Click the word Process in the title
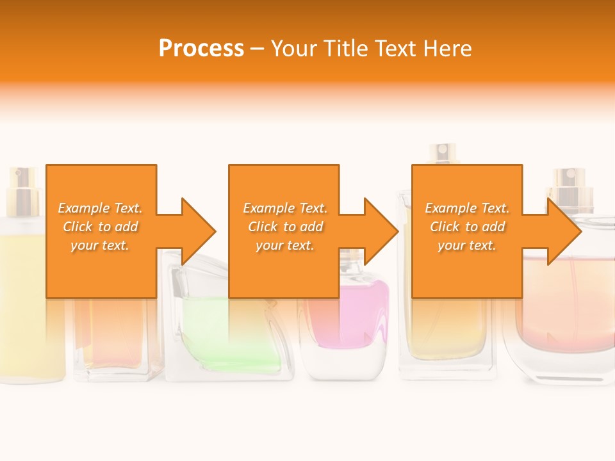point(201,49)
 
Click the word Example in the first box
point(83,208)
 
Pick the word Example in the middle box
point(268,208)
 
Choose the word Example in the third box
point(450,208)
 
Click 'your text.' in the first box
point(100,245)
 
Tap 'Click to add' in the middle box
point(285,227)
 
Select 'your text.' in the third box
point(467,245)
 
